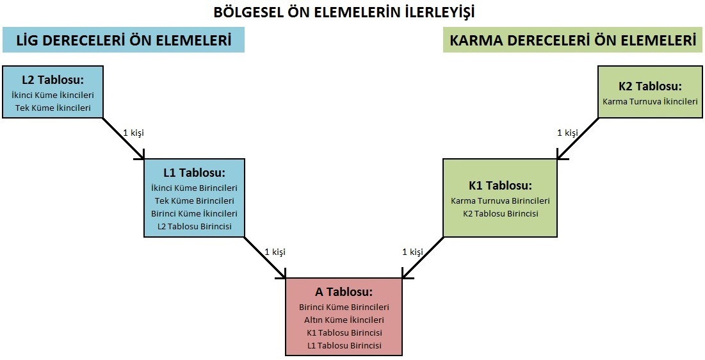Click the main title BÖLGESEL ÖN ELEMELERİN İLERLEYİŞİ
coord(344,12)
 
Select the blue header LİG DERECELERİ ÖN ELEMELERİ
coord(124,40)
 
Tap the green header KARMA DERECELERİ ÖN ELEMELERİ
coord(573,40)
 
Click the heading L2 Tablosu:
coord(53,80)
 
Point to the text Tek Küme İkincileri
coord(53,108)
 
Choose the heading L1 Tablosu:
coord(194,173)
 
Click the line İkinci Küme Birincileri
coord(194,188)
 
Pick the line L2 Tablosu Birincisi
coord(194,226)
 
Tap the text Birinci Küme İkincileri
coord(194,213)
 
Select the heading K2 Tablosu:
coord(650,86)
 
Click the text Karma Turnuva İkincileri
coord(650,101)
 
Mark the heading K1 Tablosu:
coord(501,185)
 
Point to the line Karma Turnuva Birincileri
coord(501,200)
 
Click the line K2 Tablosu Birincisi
coord(501,214)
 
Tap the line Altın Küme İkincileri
coord(344,320)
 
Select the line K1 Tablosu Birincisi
coord(344,333)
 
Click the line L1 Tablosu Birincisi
coord(344,346)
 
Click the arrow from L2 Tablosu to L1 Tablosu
coord(124,138)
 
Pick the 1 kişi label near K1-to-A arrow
coord(413,252)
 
